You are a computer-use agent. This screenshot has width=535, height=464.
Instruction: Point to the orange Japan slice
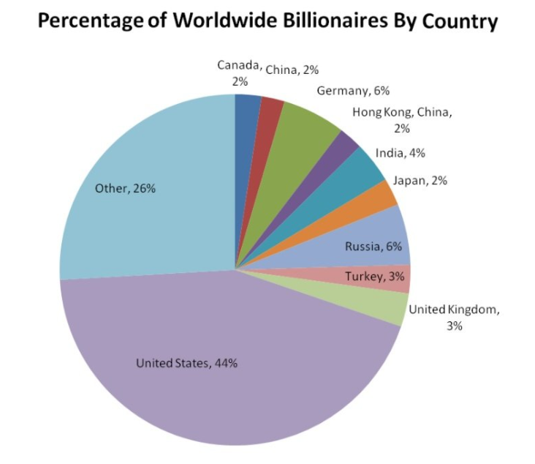379,195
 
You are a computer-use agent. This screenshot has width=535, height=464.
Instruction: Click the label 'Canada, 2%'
240,72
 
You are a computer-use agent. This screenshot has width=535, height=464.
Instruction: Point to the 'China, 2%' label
291,70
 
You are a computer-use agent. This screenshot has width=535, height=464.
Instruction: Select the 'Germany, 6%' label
353,91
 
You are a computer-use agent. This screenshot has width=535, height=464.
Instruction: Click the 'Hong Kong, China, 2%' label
403,120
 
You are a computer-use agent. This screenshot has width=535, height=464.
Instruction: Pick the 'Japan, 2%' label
420,180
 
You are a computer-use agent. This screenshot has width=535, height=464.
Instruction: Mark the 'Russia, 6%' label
373,247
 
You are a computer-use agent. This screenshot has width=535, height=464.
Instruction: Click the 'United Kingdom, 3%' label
454,317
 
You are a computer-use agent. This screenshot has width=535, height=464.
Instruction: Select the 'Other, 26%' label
125,188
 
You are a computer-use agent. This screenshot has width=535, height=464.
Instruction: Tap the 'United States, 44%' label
187,363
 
